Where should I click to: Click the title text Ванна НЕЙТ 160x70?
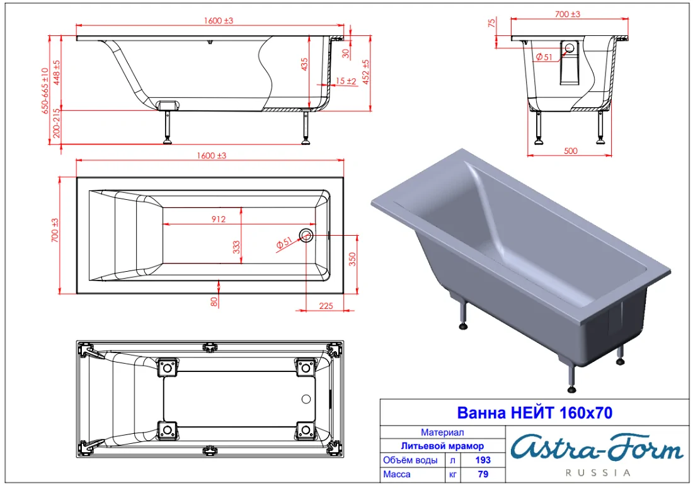click(x=534, y=413)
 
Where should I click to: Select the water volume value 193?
click(x=483, y=460)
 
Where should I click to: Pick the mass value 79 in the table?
click(x=483, y=474)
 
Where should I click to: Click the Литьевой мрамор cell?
click(x=442, y=446)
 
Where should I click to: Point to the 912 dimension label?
click(x=219, y=219)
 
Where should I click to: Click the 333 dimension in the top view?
click(x=236, y=247)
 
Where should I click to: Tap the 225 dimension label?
click(x=326, y=306)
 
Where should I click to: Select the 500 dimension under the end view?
click(x=571, y=151)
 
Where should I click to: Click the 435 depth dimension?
click(x=304, y=64)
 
